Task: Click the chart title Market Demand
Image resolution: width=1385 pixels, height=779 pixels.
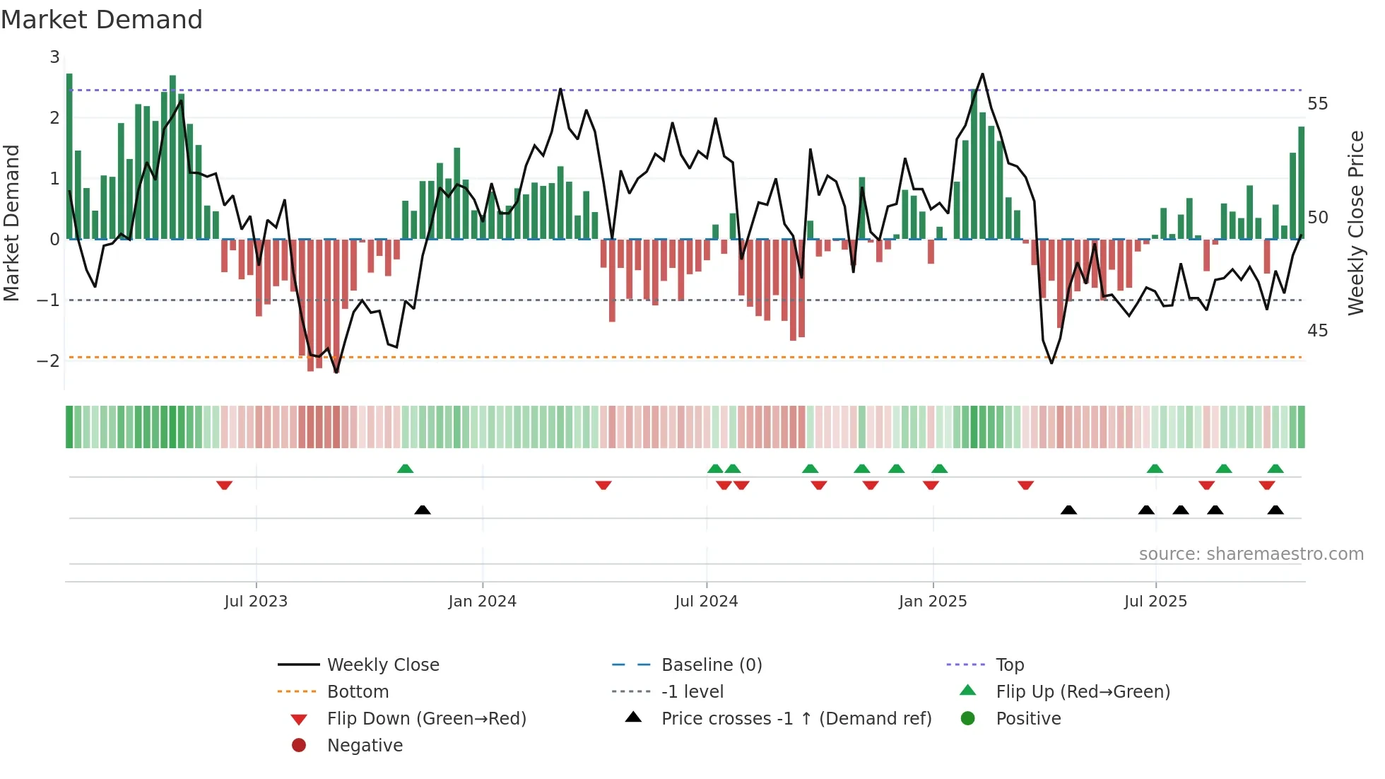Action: pos(102,20)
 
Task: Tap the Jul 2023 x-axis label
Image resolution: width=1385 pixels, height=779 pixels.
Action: pos(256,602)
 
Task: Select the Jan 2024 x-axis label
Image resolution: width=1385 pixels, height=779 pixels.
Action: pos(483,602)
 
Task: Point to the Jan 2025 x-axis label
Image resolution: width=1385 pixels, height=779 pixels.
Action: pos(933,602)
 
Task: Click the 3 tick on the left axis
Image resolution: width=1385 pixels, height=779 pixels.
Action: pos(54,57)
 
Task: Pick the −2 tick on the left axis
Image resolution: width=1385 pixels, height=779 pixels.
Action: pos(49,361)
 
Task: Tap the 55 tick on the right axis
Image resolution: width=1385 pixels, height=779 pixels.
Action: pos(1317,104)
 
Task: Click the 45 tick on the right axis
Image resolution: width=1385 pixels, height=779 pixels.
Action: pos(1317,331)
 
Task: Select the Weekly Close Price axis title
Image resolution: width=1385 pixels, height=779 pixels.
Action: pos(1355,223)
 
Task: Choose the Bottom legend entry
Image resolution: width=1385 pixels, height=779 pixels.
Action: pos(358,692)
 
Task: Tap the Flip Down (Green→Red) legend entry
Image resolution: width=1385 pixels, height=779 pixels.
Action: pos(426,719)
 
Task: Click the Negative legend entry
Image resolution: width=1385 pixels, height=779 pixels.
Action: pos(365,746)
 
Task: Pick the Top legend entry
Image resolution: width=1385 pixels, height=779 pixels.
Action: pos(1010,665)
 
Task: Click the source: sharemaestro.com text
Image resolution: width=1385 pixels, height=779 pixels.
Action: pos(1251,554)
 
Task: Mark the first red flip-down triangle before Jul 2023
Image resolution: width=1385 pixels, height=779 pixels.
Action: pos(225,485)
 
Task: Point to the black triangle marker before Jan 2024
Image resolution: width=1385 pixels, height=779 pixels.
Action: pos(423,510)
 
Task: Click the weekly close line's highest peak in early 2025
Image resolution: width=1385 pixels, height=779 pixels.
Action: pos(982,74)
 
